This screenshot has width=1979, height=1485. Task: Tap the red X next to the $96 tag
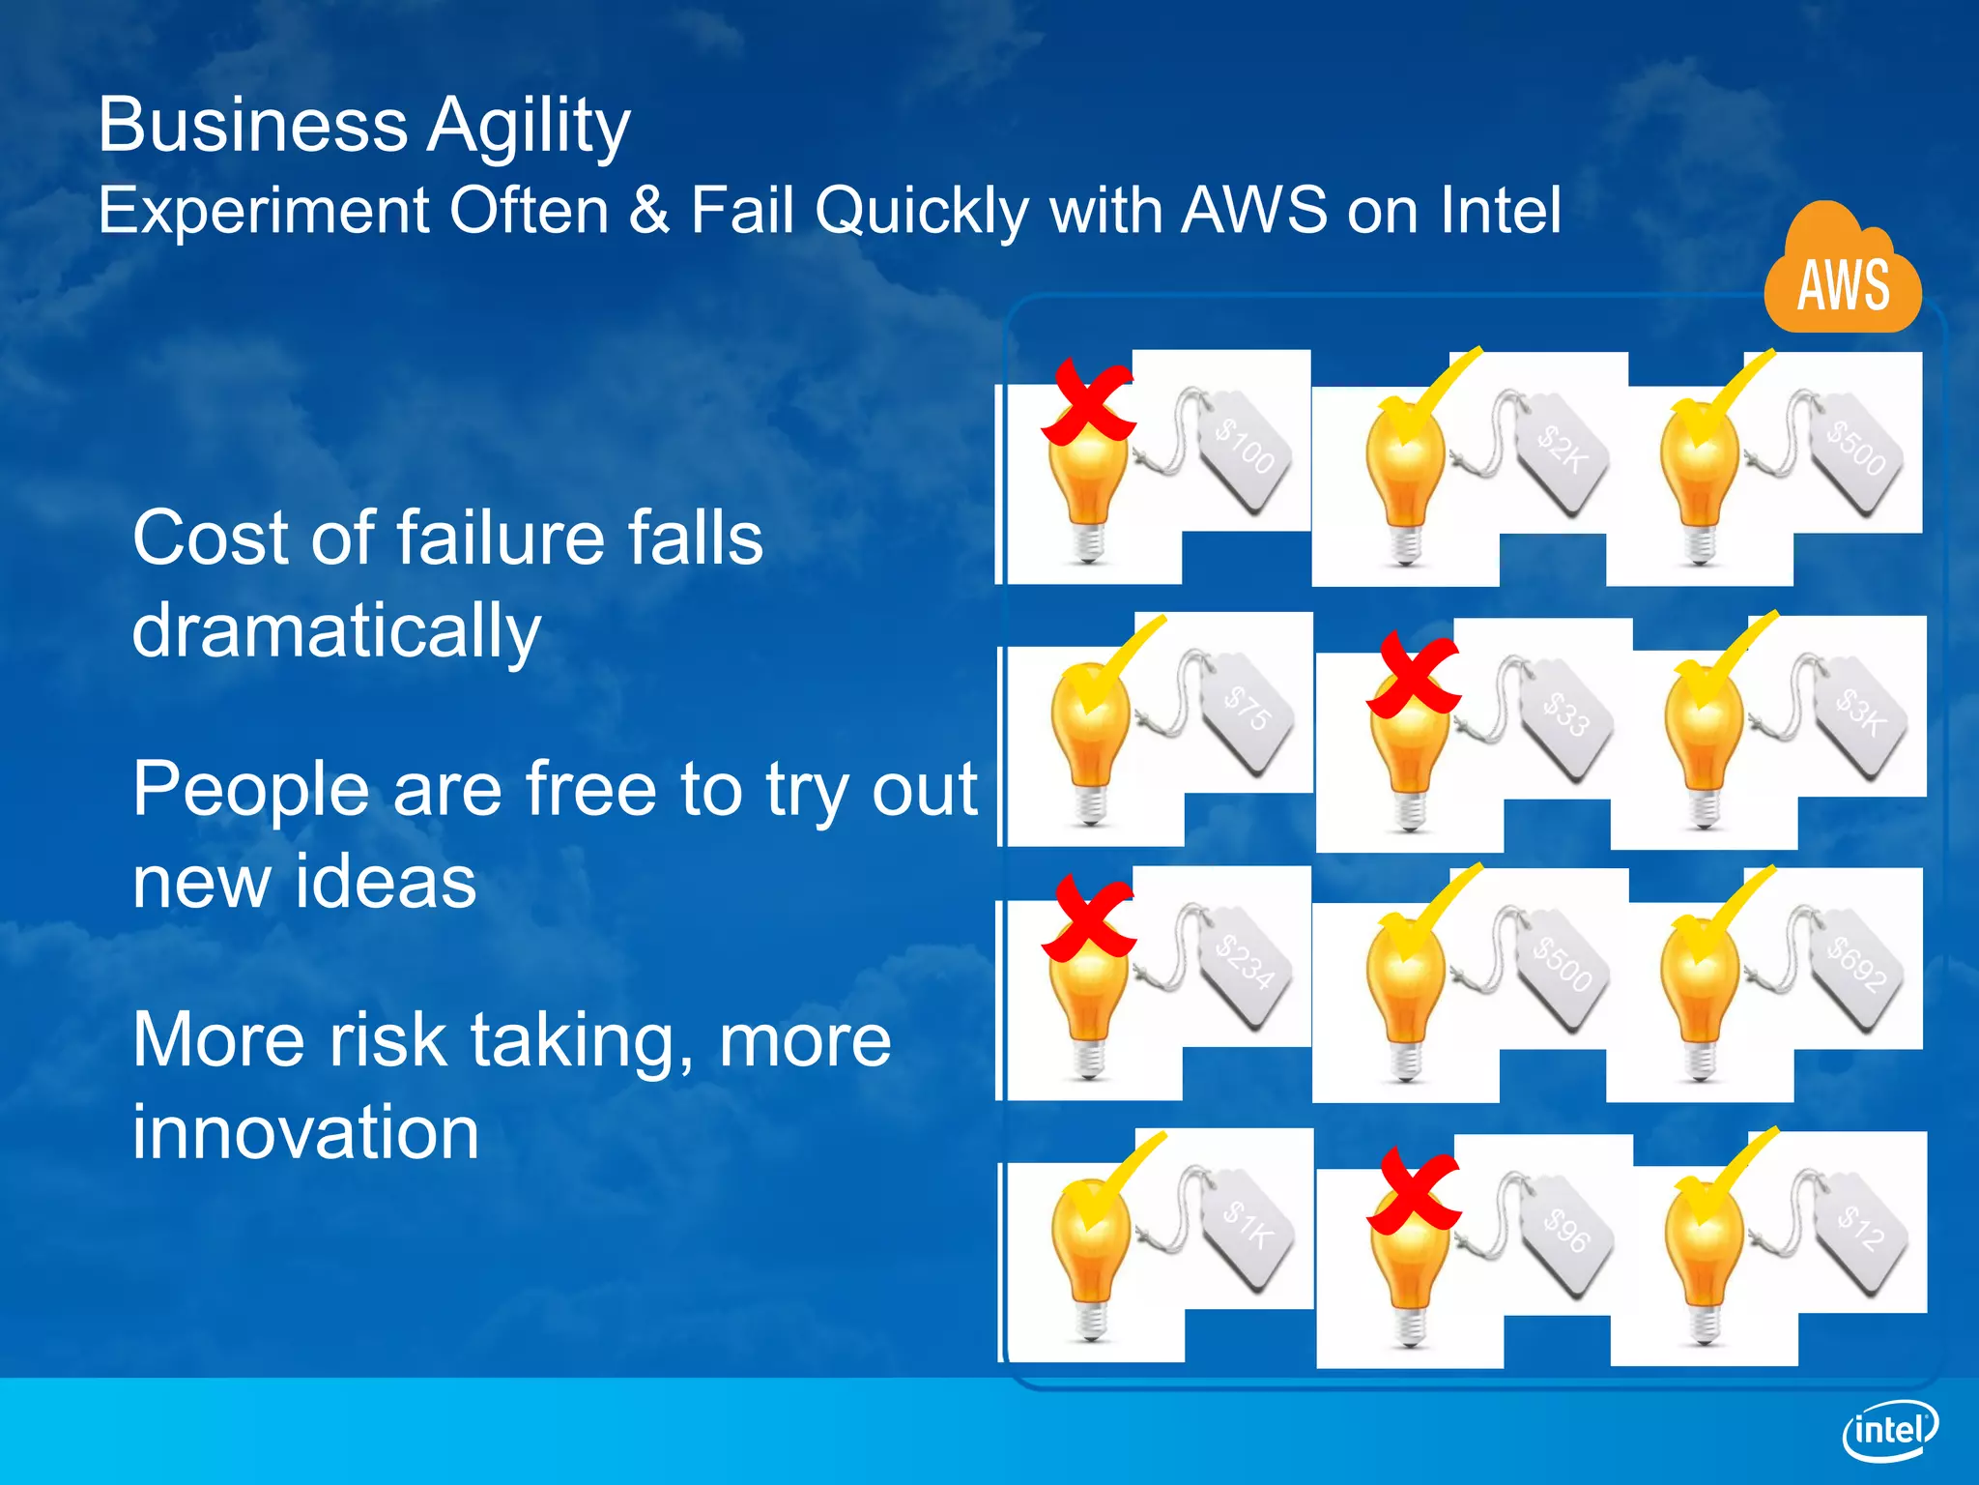pos(1412,1191)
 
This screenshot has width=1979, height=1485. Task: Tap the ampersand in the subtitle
pos(649,210)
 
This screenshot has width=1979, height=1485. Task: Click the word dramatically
pos(335,630)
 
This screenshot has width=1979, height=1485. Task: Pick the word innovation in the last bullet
pos(305,1132)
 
